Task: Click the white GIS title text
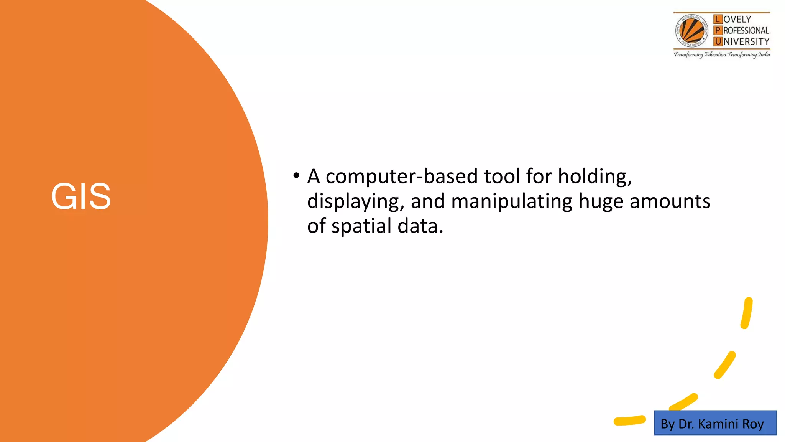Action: point(81,196)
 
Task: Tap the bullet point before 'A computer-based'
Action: point(296,176)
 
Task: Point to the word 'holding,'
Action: point(594,176)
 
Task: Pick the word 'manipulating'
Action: point(512,201)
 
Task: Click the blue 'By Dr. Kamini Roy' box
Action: point(715,423)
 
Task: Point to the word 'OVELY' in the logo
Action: point(737,19)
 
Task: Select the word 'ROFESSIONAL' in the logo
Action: point(746,30)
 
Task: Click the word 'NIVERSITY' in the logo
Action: point(746,41)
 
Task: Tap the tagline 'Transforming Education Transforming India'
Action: point(722,54)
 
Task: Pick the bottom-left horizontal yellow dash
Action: point(629,421)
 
